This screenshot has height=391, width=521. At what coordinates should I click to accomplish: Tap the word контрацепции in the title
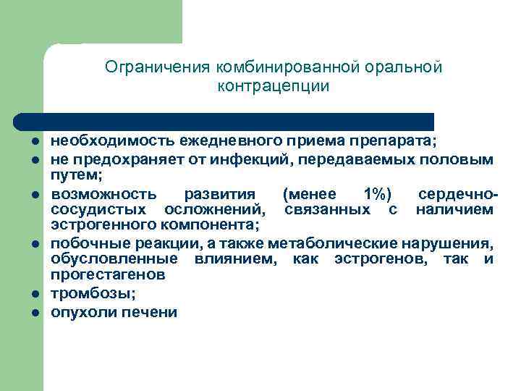tap(273, 87)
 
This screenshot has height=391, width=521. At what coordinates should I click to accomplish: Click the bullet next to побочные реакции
tap(34, 243)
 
